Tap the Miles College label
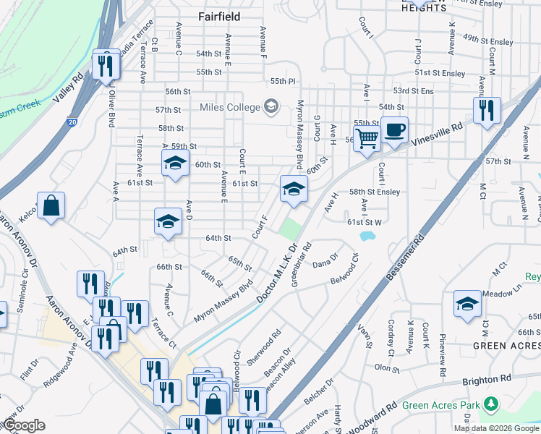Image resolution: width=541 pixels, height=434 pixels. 229,108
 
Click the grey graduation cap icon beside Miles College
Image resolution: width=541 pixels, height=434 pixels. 271,108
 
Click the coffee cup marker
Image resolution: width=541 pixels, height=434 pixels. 394,130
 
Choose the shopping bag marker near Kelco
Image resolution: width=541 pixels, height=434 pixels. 51,205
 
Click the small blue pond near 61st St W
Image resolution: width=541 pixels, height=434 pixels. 367,237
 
